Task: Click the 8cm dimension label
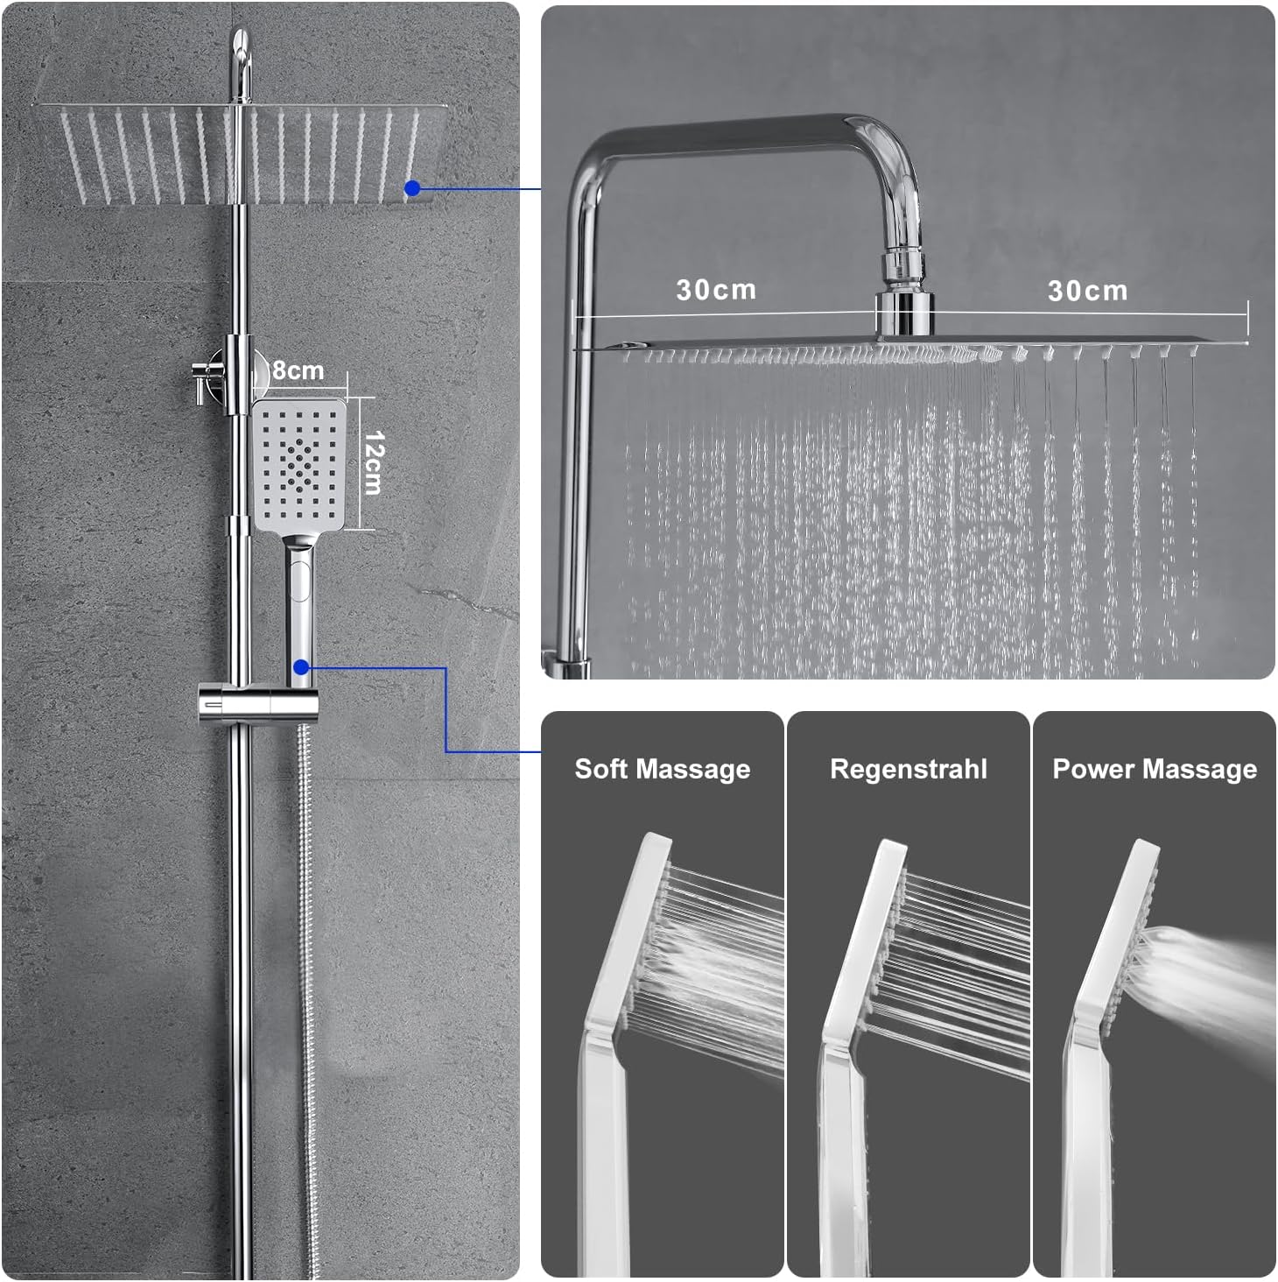click(x=298, y=370)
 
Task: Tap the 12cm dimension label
click(x=374, y=463)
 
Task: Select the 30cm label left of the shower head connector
click(x=716, y=290)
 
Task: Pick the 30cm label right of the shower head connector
click(x=1087, y=291)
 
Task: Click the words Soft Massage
click(x=662, y=769)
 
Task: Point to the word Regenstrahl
click(x=908, y=769)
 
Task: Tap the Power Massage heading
click(x=1155, y=769)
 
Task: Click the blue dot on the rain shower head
click(x=412, y=188)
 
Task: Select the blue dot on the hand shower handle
click(x=301, y=666)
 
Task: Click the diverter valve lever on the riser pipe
click(x=200, y=383)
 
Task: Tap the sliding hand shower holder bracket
click(x=258, y=702)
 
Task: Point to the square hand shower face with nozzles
click(x=299, y=464)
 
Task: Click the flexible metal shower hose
click(x=307, y=998)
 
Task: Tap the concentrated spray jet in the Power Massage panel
click(x=1204, y=978)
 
